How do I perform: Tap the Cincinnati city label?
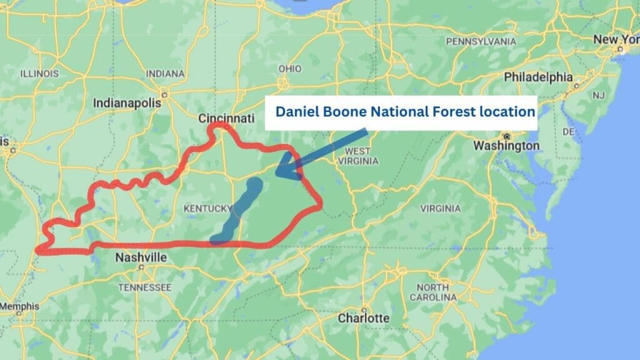(226, 118)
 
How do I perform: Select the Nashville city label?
(141, 257)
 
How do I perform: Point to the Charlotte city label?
(364, 317)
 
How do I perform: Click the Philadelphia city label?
(538, 77)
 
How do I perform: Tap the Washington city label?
(506, 146)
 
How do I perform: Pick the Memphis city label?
(19, 306)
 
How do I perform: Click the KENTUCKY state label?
(207, 207)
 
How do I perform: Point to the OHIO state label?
(289, 68)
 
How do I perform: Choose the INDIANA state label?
(165, 73)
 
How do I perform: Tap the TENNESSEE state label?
(144, 287)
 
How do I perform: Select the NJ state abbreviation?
(599, 95)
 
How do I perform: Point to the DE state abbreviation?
(568, 132)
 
